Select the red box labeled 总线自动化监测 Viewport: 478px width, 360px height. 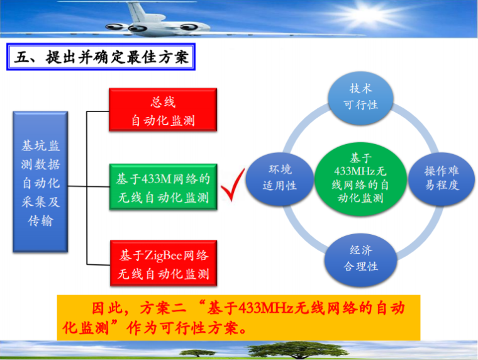(163, 111)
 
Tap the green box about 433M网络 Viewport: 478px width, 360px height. (163, 188)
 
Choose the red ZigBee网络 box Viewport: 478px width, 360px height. (163, 264)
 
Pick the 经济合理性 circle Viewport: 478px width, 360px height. (360, 258)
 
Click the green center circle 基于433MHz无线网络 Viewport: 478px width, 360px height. (360, 178)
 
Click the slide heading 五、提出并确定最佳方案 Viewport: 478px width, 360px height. (101, 58)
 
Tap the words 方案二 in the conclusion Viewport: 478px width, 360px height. (165, 308)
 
